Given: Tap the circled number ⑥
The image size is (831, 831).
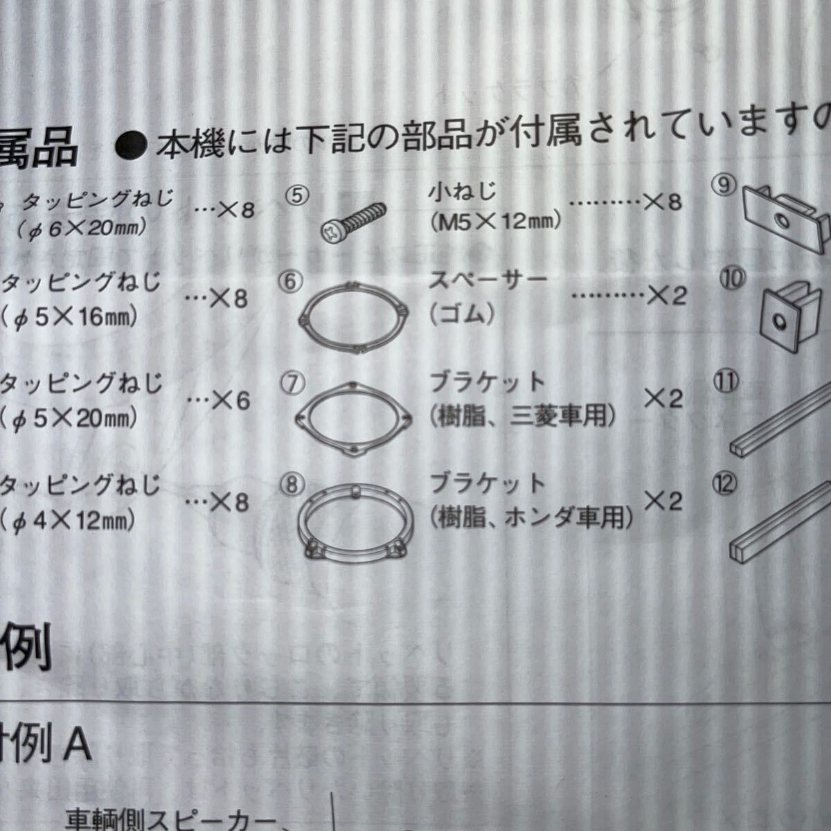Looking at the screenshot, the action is coord(292,282).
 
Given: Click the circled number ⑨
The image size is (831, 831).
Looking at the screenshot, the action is coord(724,186).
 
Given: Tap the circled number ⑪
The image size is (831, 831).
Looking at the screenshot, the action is coord(728,382).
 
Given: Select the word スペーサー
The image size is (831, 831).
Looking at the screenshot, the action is coord(488,280).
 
